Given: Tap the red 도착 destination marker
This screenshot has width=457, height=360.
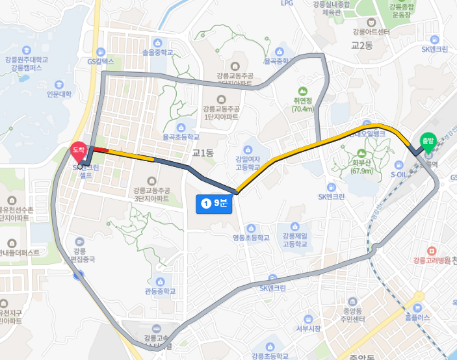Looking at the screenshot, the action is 79,151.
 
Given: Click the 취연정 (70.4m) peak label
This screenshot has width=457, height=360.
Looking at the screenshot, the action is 303,105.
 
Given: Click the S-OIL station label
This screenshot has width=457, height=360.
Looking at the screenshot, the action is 401,174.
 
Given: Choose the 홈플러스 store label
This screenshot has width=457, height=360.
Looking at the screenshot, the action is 417,318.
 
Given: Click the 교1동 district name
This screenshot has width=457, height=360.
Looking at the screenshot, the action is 203,153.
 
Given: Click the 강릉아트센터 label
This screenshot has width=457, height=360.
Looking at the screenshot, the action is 371,31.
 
